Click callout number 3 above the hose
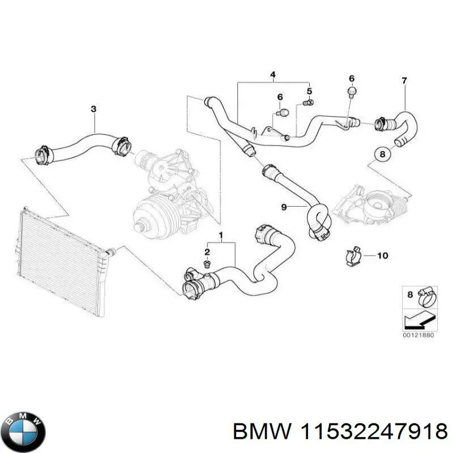pos(94,109)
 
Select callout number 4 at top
pos(272,75)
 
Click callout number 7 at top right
pos(404,81)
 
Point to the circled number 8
pos(382,153)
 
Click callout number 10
pos(382,256)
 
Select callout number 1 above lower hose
pos(220,234)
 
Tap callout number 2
pos(207,252)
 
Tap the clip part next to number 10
pos(355,256)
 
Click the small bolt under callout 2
pos(208,264)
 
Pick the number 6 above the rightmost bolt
pos(351,78)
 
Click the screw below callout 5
pos(309,103)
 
